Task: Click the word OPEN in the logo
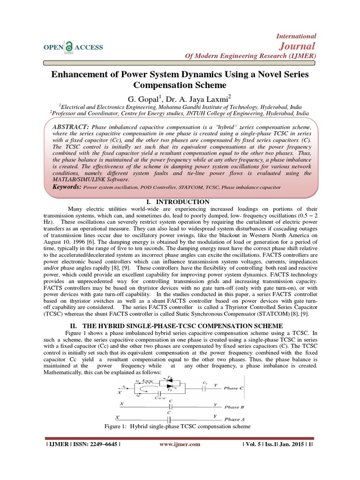point(53,47)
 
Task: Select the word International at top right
point(297,36)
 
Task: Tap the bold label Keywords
point(67,187)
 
